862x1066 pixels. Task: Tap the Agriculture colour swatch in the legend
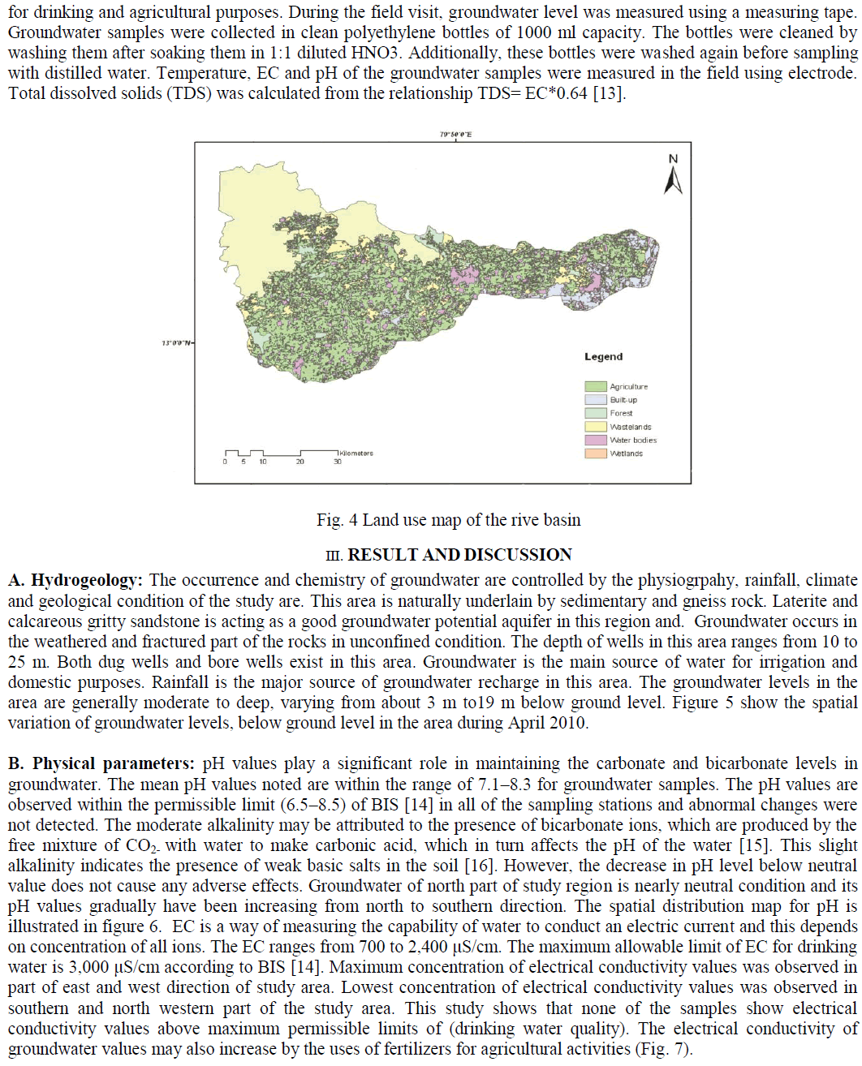(596, 387)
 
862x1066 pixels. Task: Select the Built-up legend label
(623, 400)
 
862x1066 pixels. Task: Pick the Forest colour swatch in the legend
(596, 413)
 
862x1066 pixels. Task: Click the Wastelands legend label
(631, 427)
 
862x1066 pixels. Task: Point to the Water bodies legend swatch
(596, 440)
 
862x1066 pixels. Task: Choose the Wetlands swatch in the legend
(596, 453)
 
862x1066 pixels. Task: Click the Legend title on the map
(603, 357)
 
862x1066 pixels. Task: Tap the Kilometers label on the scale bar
(356, 453)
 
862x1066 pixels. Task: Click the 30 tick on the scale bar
(338, 462)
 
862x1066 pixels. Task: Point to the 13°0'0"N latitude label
(177, 343)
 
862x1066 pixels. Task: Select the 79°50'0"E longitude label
(455, 135)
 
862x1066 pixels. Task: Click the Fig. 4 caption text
(448, 520)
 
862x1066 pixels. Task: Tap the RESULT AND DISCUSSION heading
(459, 555)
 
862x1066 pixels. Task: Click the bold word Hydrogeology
(87, 581)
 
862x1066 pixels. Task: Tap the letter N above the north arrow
(673, 159)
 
